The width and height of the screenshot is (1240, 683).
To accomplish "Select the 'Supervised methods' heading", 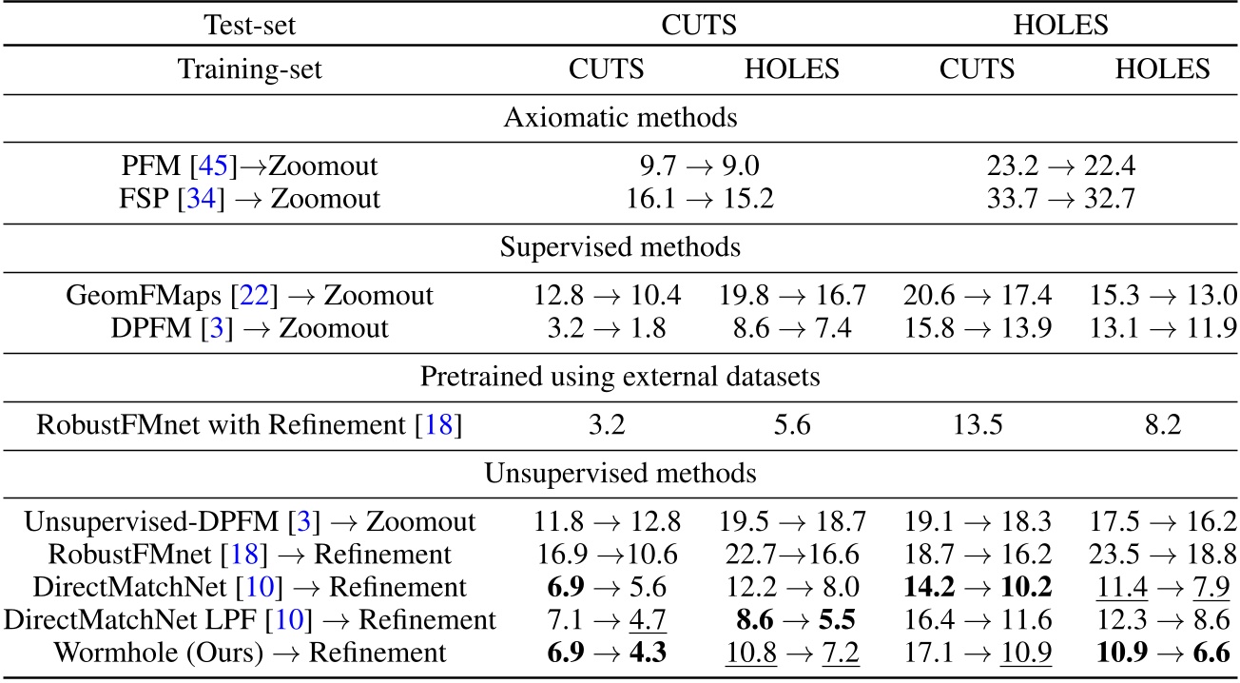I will pyautogui.click(x=619, y=247).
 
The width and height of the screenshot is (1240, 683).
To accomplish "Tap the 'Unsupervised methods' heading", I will pyautogui.click(x=619, y=472).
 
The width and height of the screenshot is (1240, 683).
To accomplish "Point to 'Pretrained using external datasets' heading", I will pyautogui.click(x=619, y=378).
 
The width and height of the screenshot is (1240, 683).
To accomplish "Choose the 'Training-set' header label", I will pyautogui.click(x=249, y=69).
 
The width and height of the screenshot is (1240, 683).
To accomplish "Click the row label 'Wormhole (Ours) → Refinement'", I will pyautogui.click(x=249, y=652).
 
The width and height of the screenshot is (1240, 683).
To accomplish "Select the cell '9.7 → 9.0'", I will pyautogui.click(x=701, y=166).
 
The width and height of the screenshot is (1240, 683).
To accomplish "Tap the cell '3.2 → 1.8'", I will pyautogui.click(x=607, y=328).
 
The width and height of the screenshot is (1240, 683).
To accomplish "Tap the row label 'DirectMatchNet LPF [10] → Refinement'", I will pyautogui.click(x=249, y=620).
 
